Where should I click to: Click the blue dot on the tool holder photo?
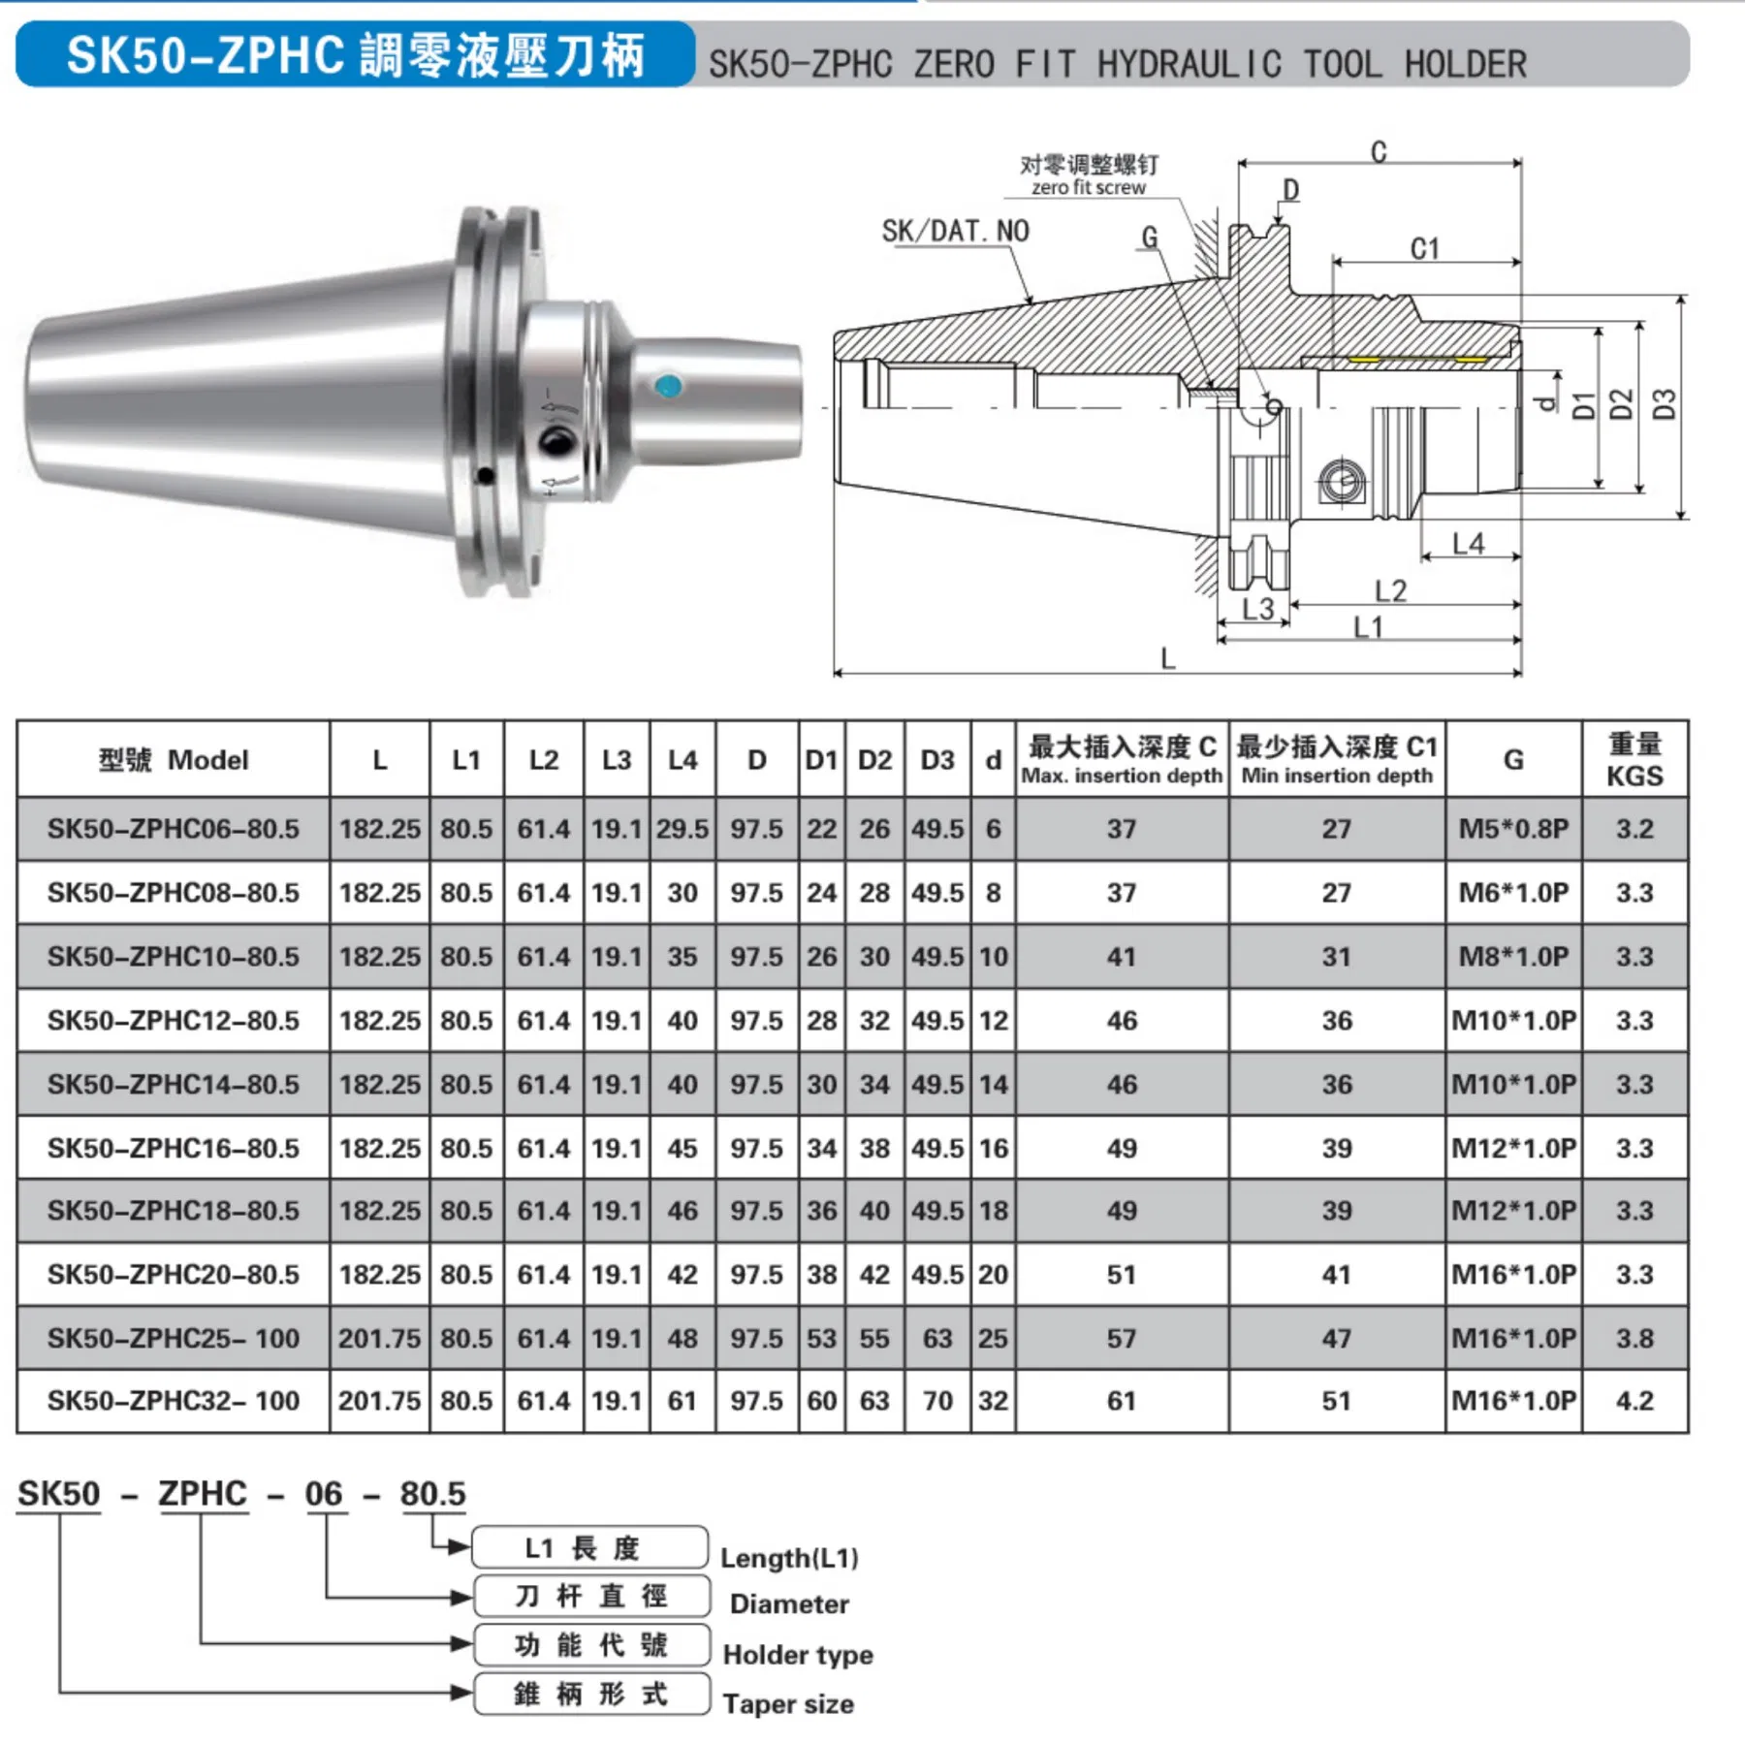pyautogui.click(x=668, y=387)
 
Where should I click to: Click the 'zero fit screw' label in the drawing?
pyautogui.click(x=1088, y=187)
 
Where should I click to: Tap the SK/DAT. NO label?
pyautogui.click(x=955, y=231)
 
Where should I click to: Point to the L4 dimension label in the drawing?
pyautogui.click(x=1468, y=544)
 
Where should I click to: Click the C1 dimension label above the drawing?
pyautogui.click(x=1424, y=249)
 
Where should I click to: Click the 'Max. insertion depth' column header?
pyautogui.click(x=1122, y=776)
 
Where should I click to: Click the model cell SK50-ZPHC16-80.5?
pyautogui.click(x=174, y=1148)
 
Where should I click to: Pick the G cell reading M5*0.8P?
pyautogui.click(x=1513, y=829)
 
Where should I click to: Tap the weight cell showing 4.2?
pyautogui.click(x=1634, y=1400)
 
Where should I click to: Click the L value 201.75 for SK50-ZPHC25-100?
pyautogui.click(x=379, y=1338)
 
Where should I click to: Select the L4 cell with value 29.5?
pyautogui.click(x=682, y=829)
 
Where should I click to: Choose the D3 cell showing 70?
pyautogui.click(x=937, y=1400)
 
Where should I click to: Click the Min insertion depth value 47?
pyautogui.click(x=1336, y=1338)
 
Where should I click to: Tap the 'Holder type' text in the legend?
pyautogui.click(x=798, y=1654)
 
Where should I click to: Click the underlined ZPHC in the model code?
pyautogui.click(x=203, y=1494)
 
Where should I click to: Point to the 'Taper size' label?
pyautogui.click(x=788, y=1703)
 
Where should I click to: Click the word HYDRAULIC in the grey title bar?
pyautogui.click(x=1189, y=64)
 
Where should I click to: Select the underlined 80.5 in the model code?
pyautogui.click(x=432, y=1494)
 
